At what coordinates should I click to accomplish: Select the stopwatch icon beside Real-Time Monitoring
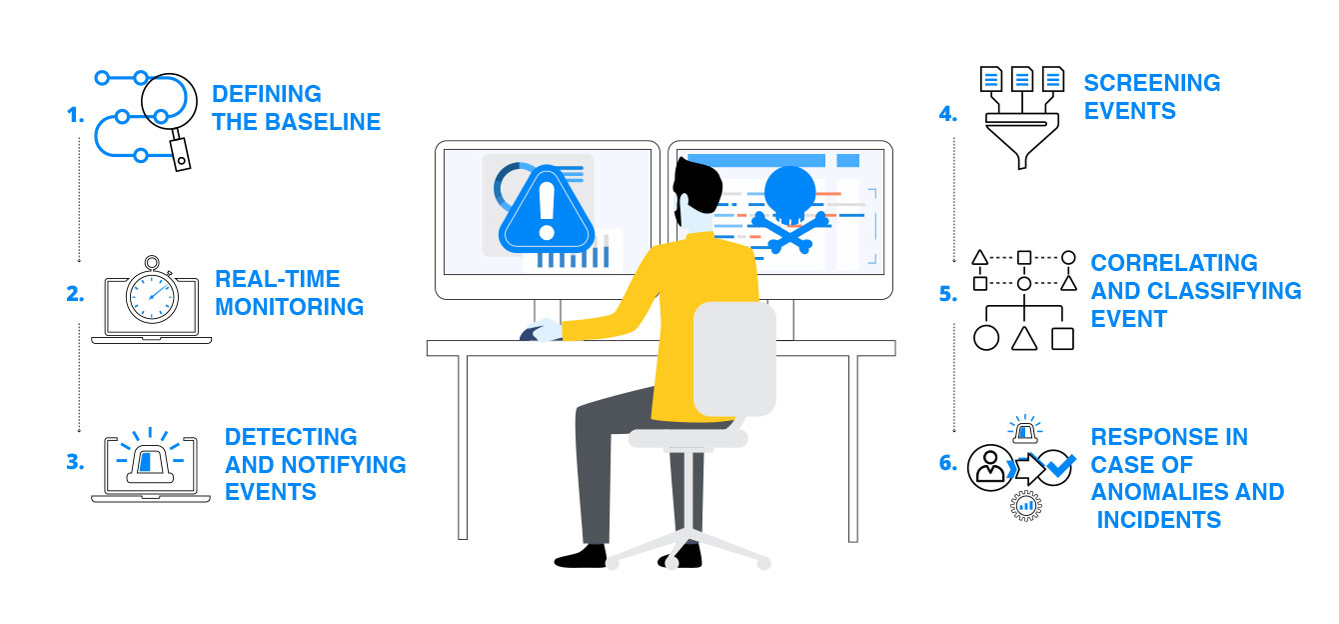coord(153,291)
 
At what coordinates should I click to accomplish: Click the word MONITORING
coord(290,307)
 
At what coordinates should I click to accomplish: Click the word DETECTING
coord(291,437)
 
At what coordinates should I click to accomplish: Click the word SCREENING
coord(1152,83)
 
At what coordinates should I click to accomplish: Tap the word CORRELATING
coord(1174,263)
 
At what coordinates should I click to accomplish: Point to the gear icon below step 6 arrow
coord(1026,506)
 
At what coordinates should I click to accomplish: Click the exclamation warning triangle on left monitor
coord(547,211)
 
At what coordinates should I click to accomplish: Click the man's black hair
coord(697,183)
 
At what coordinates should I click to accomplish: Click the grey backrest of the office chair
coord(734,358)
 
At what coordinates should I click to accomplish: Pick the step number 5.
coord(948,294)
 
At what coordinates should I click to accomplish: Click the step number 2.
coord(75,294)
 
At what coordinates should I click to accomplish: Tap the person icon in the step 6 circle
coord(990,467)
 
